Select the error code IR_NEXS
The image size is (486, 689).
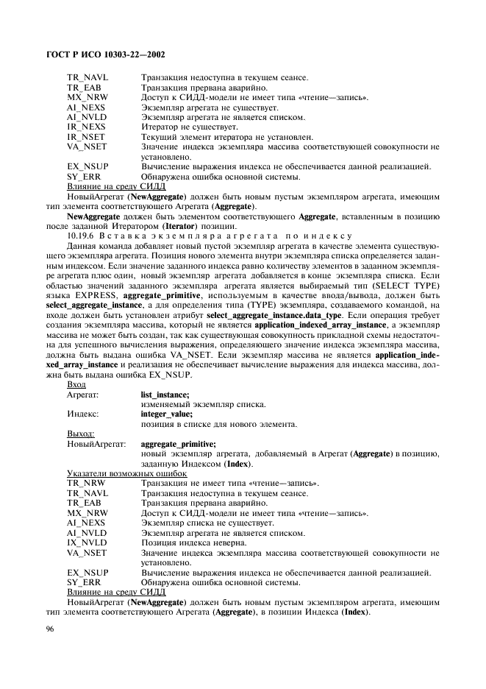[86, 127]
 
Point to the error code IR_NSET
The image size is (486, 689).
[86, 136]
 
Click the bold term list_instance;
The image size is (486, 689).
[165, 395]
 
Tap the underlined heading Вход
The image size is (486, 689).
[76, 385]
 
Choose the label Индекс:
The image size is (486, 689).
[82, 414]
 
